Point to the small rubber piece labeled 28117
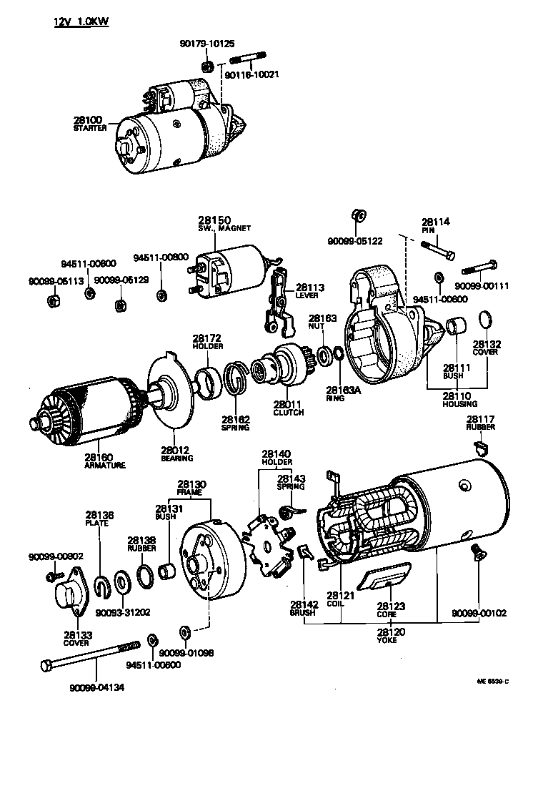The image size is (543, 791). (481, 449)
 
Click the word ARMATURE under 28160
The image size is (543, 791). (104, 465)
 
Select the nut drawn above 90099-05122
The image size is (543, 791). (359, 216)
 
